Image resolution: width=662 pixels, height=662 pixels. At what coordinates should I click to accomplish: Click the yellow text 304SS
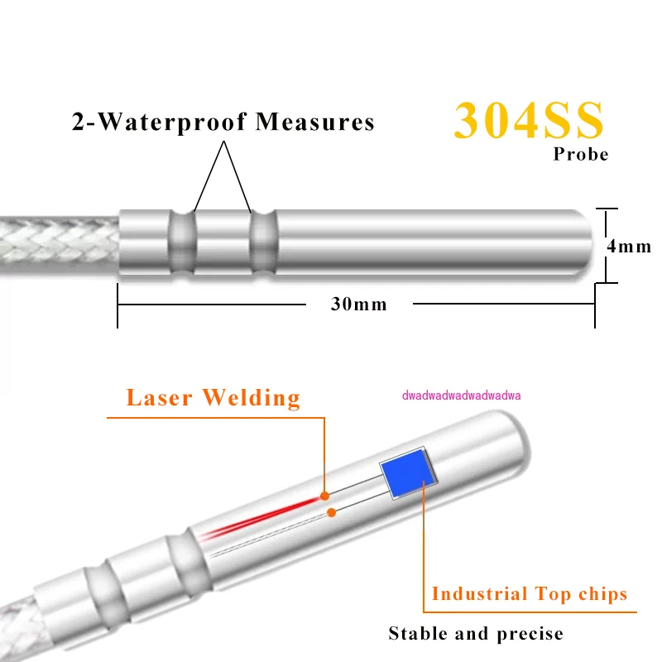(x=529, y=121)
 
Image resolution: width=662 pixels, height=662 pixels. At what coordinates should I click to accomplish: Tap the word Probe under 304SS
(x=580, y=155)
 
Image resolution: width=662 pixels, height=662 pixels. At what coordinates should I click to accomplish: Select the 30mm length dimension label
(x=358, y=304)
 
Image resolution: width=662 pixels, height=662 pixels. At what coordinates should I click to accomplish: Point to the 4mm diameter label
(x=629, y=247)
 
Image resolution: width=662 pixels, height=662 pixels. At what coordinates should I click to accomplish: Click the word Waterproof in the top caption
(x=169, y=122)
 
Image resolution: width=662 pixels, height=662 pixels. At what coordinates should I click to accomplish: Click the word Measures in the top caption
(x=314, y=122)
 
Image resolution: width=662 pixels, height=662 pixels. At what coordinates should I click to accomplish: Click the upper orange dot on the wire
(x=325, y=496)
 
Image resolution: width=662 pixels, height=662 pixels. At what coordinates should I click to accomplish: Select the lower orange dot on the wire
(x=331, y=513)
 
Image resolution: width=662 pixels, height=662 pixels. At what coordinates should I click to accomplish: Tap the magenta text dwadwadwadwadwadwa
(x=461, y=396)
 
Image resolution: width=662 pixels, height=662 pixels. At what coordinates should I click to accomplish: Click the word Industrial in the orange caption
(x=479, y=594)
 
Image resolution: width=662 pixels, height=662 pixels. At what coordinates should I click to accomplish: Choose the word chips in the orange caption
(x=601, y=594)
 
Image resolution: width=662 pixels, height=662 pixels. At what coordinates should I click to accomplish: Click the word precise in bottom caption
(x=530, y=635)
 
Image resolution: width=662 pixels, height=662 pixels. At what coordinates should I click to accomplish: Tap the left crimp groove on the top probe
(x=182, y=243)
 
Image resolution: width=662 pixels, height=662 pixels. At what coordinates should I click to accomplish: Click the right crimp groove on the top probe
(x=261, y=243)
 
